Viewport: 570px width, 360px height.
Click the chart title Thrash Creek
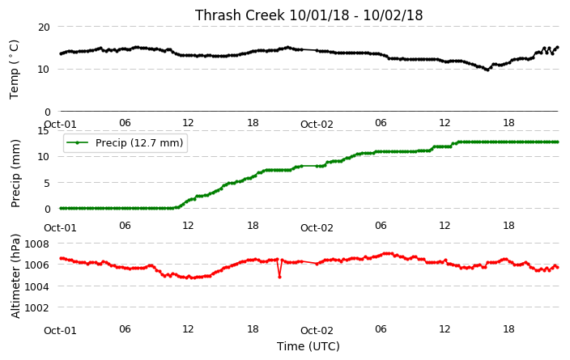click(x=240, y=15)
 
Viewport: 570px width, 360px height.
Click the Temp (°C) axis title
click(x=14, y=70)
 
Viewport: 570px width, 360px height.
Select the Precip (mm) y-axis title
click(x=15, y=174)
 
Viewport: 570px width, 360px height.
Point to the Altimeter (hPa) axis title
click(x=15, y=277)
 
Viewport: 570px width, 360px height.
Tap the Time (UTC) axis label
click(x=308, y=346)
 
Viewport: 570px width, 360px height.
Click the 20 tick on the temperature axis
click(x=44, y=28)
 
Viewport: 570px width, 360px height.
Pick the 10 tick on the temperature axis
click(x=44, y=69)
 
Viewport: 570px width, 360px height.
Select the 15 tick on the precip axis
click(x=43, y=131)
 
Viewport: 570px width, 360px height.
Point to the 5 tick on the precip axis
click(x=47, y=183)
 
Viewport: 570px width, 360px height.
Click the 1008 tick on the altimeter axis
click(x=36, y=244)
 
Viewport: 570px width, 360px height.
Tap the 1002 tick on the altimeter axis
click(x=36, y=307)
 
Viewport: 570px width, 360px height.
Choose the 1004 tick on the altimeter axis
click(x=36, y=286)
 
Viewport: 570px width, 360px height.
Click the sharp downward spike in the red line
click(x=279, y=277)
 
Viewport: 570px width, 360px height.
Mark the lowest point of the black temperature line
click(x=487, y=70)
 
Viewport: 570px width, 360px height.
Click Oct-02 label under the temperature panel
click(x=317, y=125)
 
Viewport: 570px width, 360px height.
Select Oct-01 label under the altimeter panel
click(x=61, y=331)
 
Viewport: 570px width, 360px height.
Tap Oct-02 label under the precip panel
click(x=317, y=228)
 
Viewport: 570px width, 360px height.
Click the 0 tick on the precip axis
click(x=47, y=210)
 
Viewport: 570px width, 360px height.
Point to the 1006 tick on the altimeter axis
click(x=36, y=265)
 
